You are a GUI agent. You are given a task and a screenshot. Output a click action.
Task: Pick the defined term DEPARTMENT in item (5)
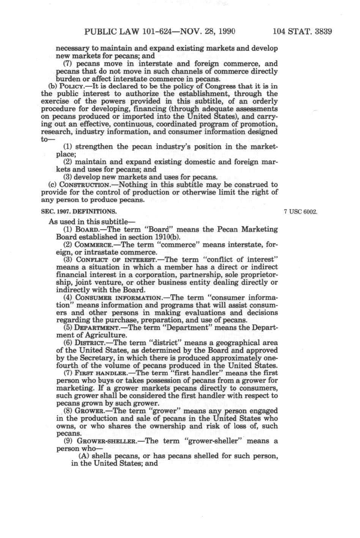(97, 328)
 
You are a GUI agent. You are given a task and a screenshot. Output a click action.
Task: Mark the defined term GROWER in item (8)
(89, 411)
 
